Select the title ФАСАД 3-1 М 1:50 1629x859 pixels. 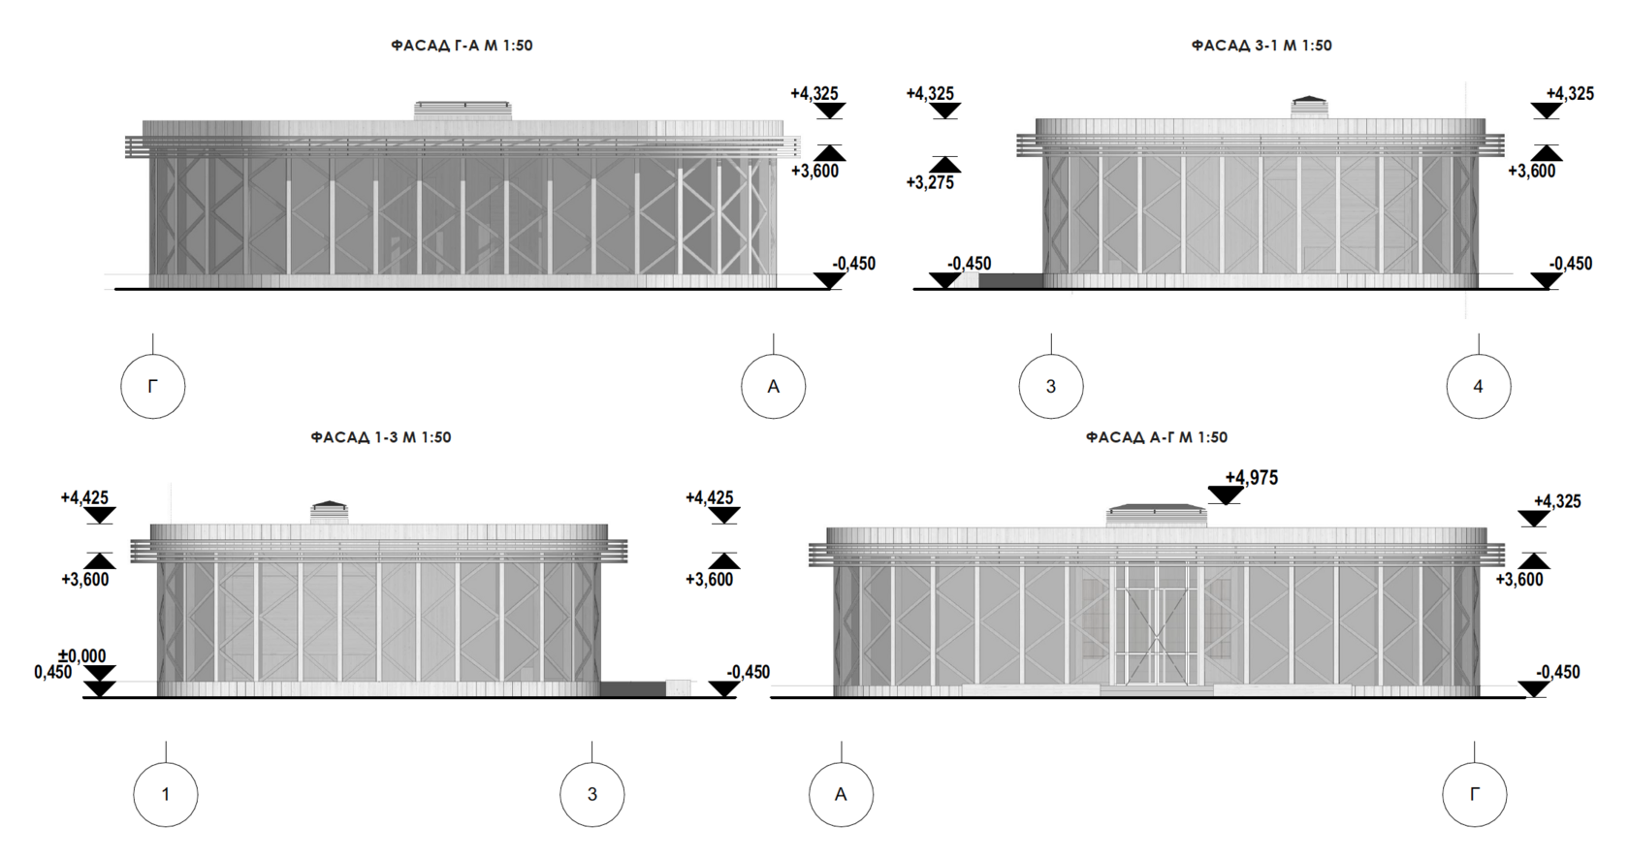1262,46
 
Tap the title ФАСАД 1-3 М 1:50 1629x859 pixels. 381,437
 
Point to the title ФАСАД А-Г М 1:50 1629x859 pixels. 1157,437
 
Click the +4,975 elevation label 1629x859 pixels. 1252,477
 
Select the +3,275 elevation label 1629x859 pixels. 930,182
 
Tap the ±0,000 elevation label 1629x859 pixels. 82,656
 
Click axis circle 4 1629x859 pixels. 1478,387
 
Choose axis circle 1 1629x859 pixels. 166,794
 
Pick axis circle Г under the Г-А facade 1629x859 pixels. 153,387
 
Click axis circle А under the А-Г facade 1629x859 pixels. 841,794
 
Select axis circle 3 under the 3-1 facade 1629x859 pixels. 1051,387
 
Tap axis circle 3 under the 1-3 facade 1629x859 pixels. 592,794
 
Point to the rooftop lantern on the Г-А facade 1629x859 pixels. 462,111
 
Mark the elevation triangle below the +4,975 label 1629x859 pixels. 1226,495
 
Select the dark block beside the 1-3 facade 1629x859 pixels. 632,688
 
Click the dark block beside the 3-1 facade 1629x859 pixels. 1010,280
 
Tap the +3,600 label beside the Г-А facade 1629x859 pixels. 814,172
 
